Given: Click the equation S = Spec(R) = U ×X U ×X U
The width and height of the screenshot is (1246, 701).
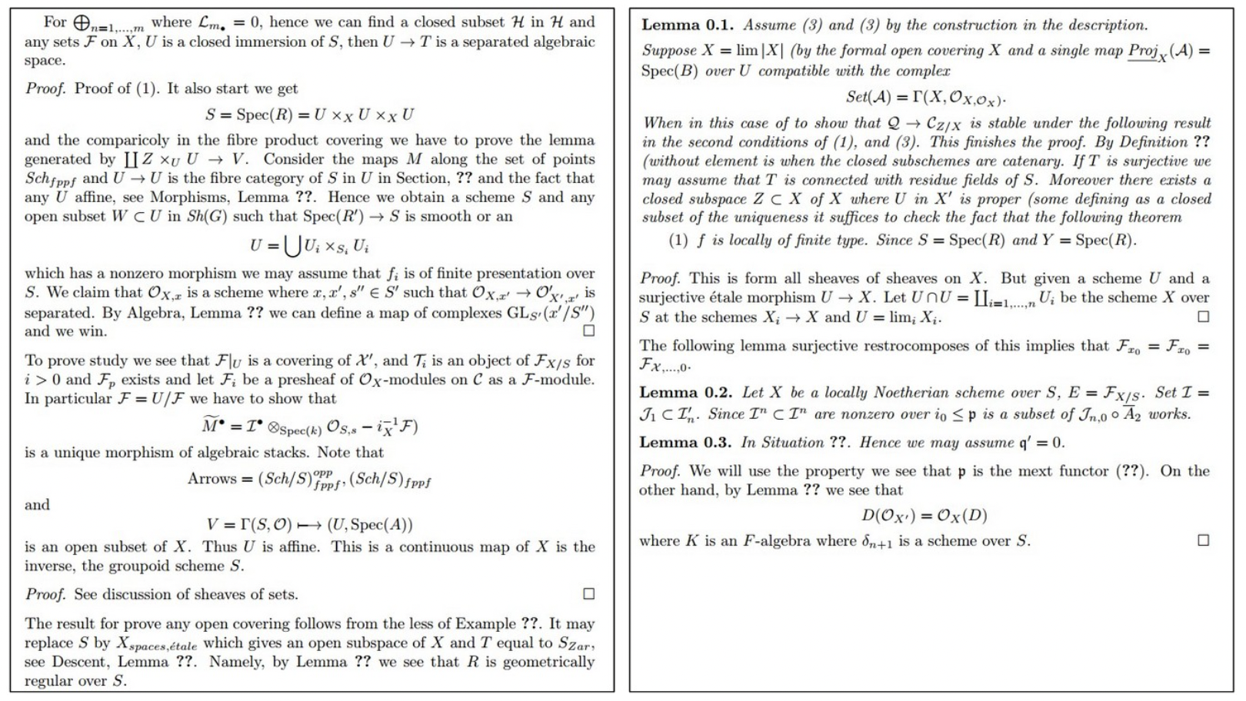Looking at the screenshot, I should tap(309, 115).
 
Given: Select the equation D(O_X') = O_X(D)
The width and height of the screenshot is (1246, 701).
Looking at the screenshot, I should tap(924, 515).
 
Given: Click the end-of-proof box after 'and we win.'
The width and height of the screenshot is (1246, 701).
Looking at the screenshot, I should tap(589, 331).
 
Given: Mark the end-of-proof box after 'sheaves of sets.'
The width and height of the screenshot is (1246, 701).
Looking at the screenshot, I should tap(589, 593).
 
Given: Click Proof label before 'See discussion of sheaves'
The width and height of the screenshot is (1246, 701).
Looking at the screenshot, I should tap(45, 594).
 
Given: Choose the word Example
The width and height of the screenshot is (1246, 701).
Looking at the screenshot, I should tap(486, 623).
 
